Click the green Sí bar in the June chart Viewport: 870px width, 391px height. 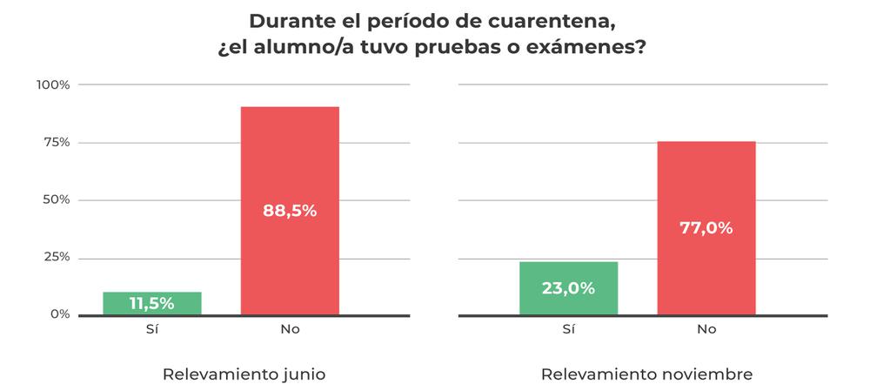point(152,303)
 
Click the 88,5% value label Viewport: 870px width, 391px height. point(290,211)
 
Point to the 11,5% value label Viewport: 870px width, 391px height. point(152,304)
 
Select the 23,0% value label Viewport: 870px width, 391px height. point(568,288)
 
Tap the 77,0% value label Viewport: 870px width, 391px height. point(706,229)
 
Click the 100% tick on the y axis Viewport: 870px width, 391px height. point(53,84)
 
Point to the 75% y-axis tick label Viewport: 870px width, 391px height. point(57,142)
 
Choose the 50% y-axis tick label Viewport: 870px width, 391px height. point(57,199)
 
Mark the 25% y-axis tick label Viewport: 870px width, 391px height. point(57,257)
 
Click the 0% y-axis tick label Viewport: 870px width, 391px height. point(59,314)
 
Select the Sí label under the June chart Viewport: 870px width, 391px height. point(151,329)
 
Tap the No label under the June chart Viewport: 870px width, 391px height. point(290,329)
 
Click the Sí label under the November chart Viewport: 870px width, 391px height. point(568,329)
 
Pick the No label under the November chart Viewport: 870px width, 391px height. point(706,329)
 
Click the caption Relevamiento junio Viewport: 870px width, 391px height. point(244,374)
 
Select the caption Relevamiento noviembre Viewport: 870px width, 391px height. point(646,374)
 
